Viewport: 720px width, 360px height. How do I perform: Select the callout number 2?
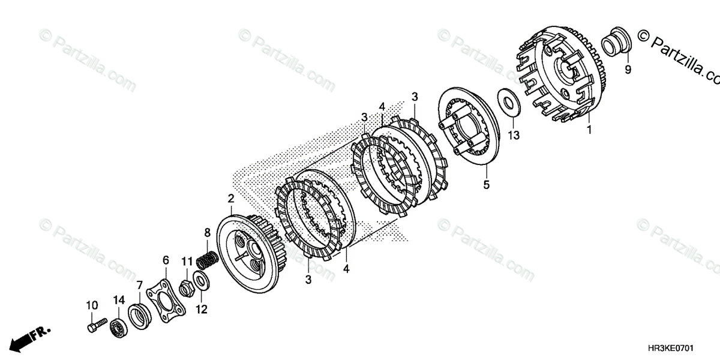point(230,199)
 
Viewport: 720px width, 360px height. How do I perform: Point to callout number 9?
point(628,70)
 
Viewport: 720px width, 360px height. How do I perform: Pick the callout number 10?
point(92,305)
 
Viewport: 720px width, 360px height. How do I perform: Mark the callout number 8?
point(207,232)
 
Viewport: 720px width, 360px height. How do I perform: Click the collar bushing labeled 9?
point(613,42)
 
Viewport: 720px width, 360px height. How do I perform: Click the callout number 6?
point(166,260)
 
